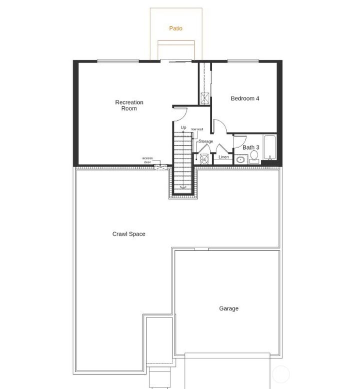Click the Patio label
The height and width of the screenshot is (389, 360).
(175, 28)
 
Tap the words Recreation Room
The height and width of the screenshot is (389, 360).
(129, 105)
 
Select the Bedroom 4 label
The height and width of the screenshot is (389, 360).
(244, 98)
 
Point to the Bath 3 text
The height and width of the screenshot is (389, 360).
(250, 147)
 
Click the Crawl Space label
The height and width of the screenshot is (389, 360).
(129, 234)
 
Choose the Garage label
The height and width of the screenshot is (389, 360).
(228, 308)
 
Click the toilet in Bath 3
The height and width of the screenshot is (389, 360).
(254, 157)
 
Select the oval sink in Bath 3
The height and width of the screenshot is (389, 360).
(240, 160)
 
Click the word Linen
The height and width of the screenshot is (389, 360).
(223, 157)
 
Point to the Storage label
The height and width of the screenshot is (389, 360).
(205, 141)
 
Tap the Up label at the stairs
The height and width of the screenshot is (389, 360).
(183, 128)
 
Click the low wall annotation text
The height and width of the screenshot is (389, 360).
(197, 129)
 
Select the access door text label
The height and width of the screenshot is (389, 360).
(147, 160)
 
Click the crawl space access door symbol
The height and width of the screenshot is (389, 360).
(160, 167)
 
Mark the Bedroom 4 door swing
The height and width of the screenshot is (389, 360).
(220, 127)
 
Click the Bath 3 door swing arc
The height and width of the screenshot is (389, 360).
(239, 141)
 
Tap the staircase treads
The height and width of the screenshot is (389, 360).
(183, 160)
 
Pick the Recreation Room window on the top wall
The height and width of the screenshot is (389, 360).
(117, 61)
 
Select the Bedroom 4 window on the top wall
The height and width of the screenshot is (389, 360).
(243, 61)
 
